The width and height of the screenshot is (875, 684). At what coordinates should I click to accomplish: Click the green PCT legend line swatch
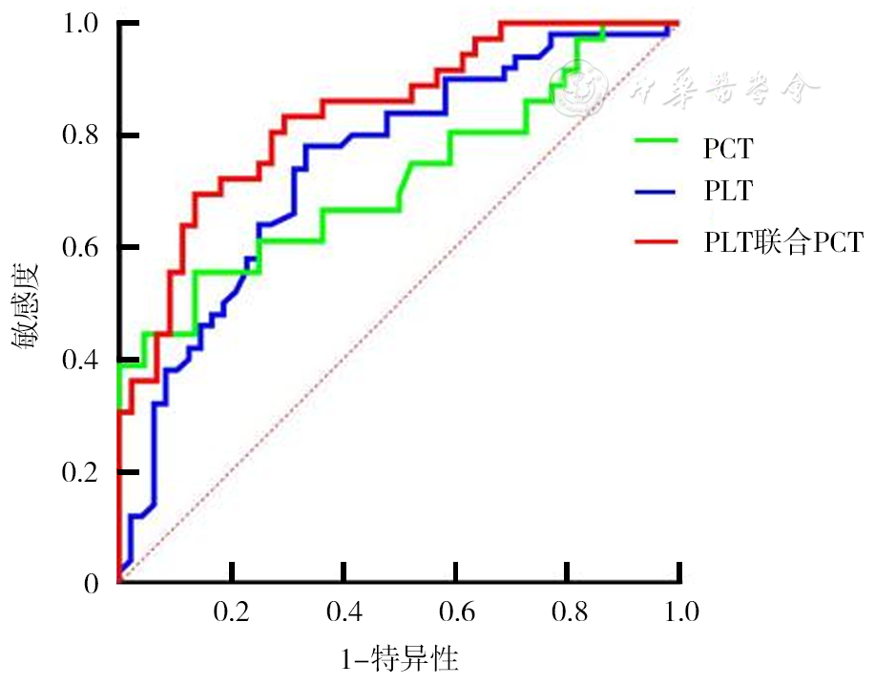[656, 142]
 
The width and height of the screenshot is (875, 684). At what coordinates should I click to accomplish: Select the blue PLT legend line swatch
[656, 191]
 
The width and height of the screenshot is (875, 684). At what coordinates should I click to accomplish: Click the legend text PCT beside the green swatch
[728, 148]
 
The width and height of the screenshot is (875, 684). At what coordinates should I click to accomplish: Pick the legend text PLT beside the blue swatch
[728, 191]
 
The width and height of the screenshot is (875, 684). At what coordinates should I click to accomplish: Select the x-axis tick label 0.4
[344, 611]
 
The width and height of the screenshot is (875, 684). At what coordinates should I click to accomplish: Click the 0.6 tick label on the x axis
[456, 611]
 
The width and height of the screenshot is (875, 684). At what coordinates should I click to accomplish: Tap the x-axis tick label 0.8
[568, 611]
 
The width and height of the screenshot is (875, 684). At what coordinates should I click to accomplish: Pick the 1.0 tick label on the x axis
[679, 611]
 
